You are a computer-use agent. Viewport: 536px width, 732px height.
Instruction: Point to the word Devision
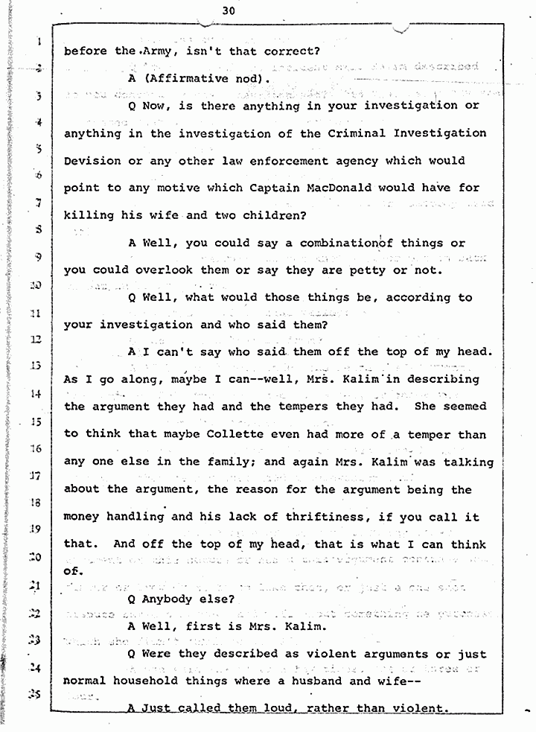(92, 161)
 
